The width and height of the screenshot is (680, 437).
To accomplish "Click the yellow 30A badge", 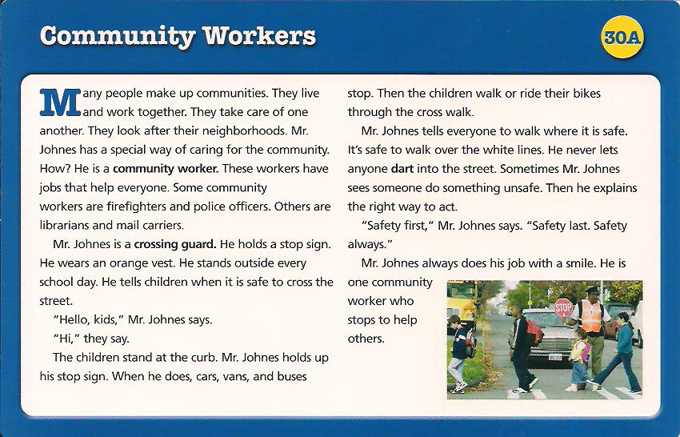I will [624, 38].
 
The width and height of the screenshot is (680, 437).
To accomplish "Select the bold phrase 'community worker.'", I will [166, 169].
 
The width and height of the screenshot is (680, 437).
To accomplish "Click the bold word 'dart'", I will [402, 169].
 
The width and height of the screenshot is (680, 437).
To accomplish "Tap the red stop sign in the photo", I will [563, 307].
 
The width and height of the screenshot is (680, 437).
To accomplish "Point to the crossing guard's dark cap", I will [591, 290].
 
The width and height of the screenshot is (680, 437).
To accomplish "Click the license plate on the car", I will [554, 356].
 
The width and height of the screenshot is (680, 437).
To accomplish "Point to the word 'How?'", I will [54, 169].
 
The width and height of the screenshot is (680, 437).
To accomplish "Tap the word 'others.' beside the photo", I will [366, 338].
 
